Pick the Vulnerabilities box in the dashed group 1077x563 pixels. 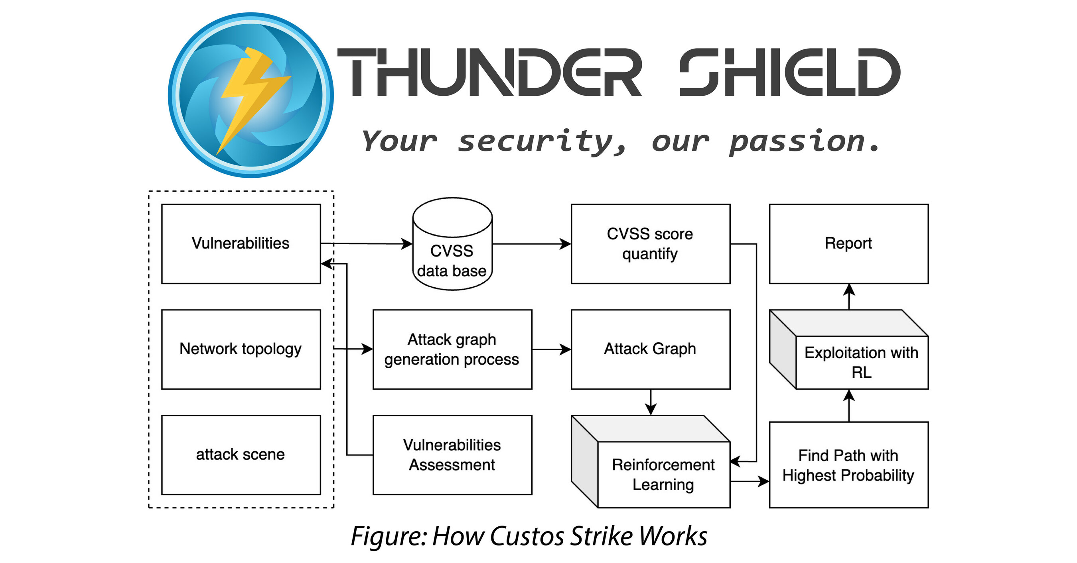pyautogui.click(x=241, y=244)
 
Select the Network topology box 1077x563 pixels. pyautogui.click(x=241, y=349)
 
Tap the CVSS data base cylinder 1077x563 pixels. pyautogui.click(x=452, y=251)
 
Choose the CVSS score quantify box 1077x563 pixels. pyautogui.click(x=651, y=244)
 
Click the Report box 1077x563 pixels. pyautogui.click(x=849, y=244)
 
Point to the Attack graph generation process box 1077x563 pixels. pyautogui.click(x=452, y=349)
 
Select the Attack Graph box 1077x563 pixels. pyautogui.click(x=651, y=349)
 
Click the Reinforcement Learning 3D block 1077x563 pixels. pyautogui.click(x=663, y=474)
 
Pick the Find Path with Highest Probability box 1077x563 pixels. pyautogui.click(x=849, y=465)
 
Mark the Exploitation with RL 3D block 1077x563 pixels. pyautogui.click(x=861, y=362)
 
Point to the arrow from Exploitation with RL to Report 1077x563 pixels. pyautogui.click(x=849, y=296)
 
